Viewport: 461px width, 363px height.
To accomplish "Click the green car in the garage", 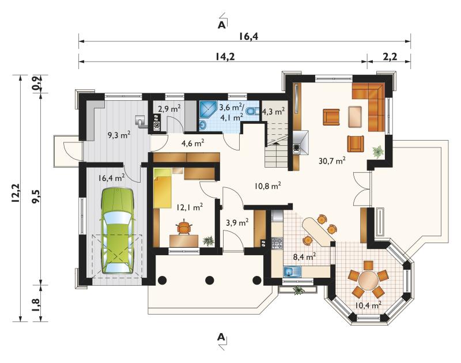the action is (118, 231).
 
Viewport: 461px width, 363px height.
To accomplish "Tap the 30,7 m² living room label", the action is (332, 161).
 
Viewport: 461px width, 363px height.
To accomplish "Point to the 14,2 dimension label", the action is (225, 56).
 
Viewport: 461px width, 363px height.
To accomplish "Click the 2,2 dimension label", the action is (390, 56).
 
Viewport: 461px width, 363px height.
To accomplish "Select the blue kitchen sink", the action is (293, 271).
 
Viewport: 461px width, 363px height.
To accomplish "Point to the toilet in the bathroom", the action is (252, 111).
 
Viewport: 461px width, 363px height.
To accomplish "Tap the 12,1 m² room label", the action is (190, 207).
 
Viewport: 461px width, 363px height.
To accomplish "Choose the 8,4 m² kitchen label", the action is (304, 256).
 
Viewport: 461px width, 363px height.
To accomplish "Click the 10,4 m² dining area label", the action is (368, 305).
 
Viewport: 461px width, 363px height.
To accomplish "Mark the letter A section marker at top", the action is (221, 25).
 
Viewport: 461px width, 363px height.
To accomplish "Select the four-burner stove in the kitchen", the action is (277, 243).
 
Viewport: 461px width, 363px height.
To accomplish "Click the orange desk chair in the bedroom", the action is (184, 227).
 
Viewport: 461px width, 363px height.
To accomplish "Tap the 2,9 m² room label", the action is (169, 108).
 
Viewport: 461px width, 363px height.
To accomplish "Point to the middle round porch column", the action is (209, 281).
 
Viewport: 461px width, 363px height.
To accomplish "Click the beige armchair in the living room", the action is (355, 116).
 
